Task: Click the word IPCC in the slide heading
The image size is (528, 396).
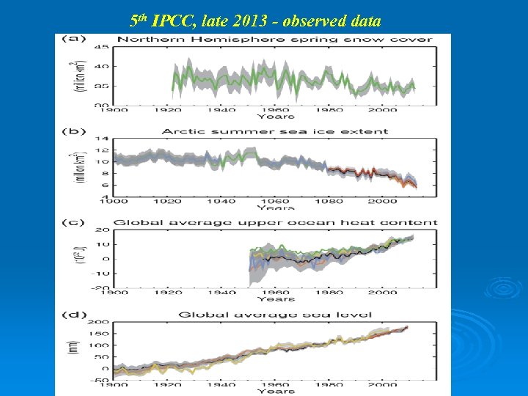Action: [172, 20]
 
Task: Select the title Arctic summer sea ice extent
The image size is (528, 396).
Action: [275, 132]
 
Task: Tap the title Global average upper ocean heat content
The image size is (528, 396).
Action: [275, 222]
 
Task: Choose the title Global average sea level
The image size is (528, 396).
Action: [275, 315]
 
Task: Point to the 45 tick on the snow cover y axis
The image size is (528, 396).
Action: [105, 48]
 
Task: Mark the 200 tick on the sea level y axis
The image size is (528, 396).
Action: [100, 322]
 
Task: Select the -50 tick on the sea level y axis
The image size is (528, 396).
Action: [100, 380]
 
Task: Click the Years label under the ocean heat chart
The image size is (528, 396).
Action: [276, 299]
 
